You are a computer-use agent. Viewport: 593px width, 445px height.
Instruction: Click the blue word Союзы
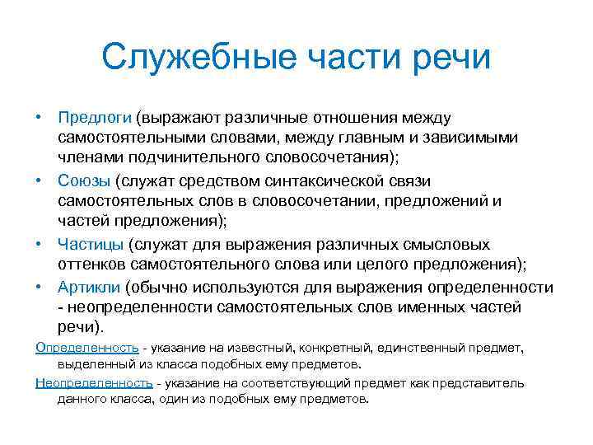pyautogui.click(x=82, y=180)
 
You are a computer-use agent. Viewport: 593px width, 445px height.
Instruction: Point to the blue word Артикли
pyautogui.click(x=90, y=287)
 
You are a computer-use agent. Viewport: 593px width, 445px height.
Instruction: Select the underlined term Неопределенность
pyautogui.click(x=94, y=383)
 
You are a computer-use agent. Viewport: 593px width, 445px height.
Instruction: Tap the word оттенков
pyautogui.click(x=92, y=265)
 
